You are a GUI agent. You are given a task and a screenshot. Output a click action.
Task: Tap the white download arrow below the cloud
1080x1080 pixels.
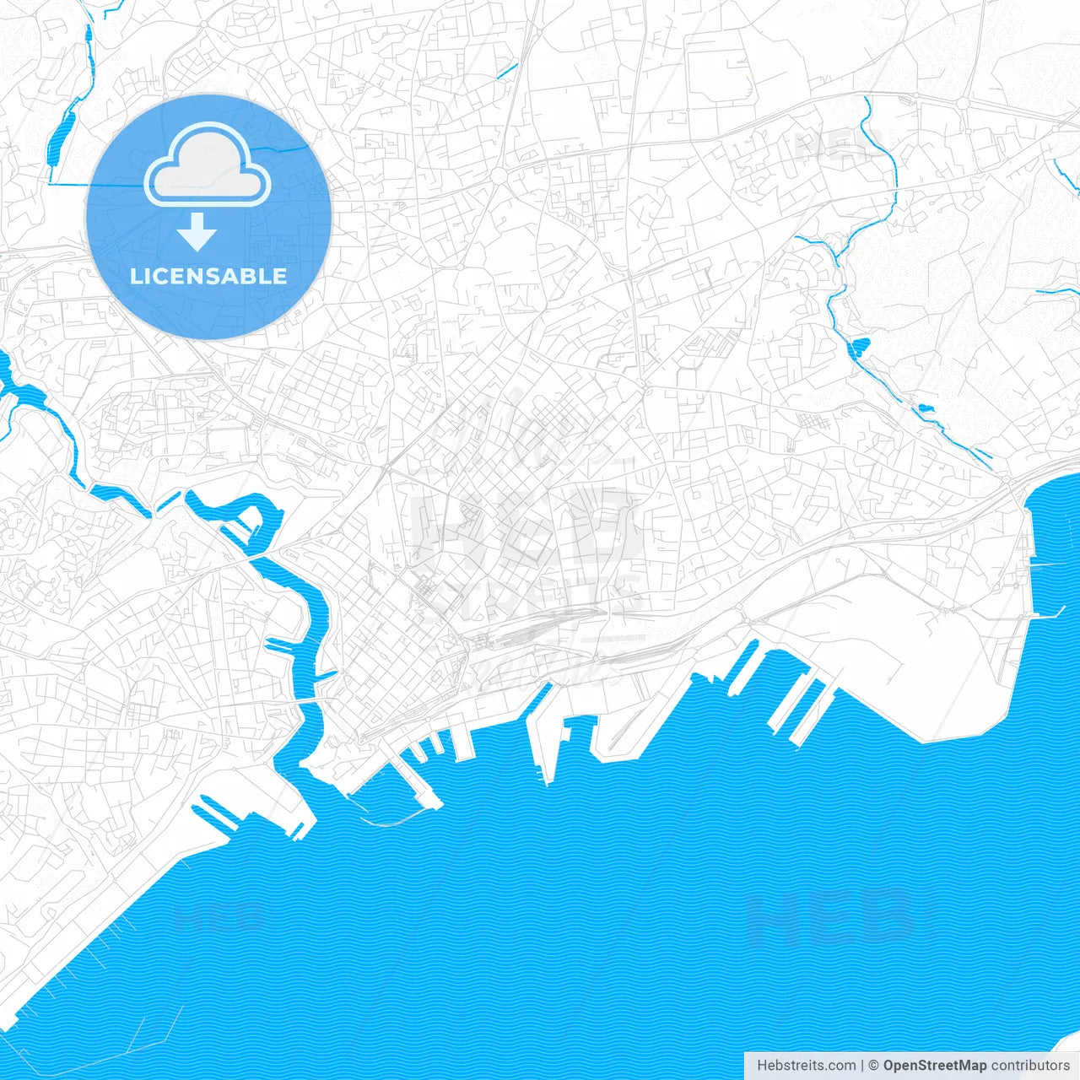tap(197, 232)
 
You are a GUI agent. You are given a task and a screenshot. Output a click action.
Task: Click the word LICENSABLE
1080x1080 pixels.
tap(208, 276)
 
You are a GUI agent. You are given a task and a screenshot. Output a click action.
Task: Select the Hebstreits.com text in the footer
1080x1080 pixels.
tap(806, 1066)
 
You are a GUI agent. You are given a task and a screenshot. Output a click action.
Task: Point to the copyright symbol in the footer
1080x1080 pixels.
tap(874, 1066)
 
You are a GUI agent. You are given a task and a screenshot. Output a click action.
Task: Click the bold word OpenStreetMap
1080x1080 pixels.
tap(934, 1066)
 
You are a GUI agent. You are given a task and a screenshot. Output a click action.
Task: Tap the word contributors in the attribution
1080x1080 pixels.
tap(1029, 1066)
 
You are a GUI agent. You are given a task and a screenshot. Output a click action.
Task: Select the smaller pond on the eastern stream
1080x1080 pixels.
tap(926, 409)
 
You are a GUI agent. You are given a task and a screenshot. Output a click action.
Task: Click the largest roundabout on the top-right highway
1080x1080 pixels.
tap(961, 103)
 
